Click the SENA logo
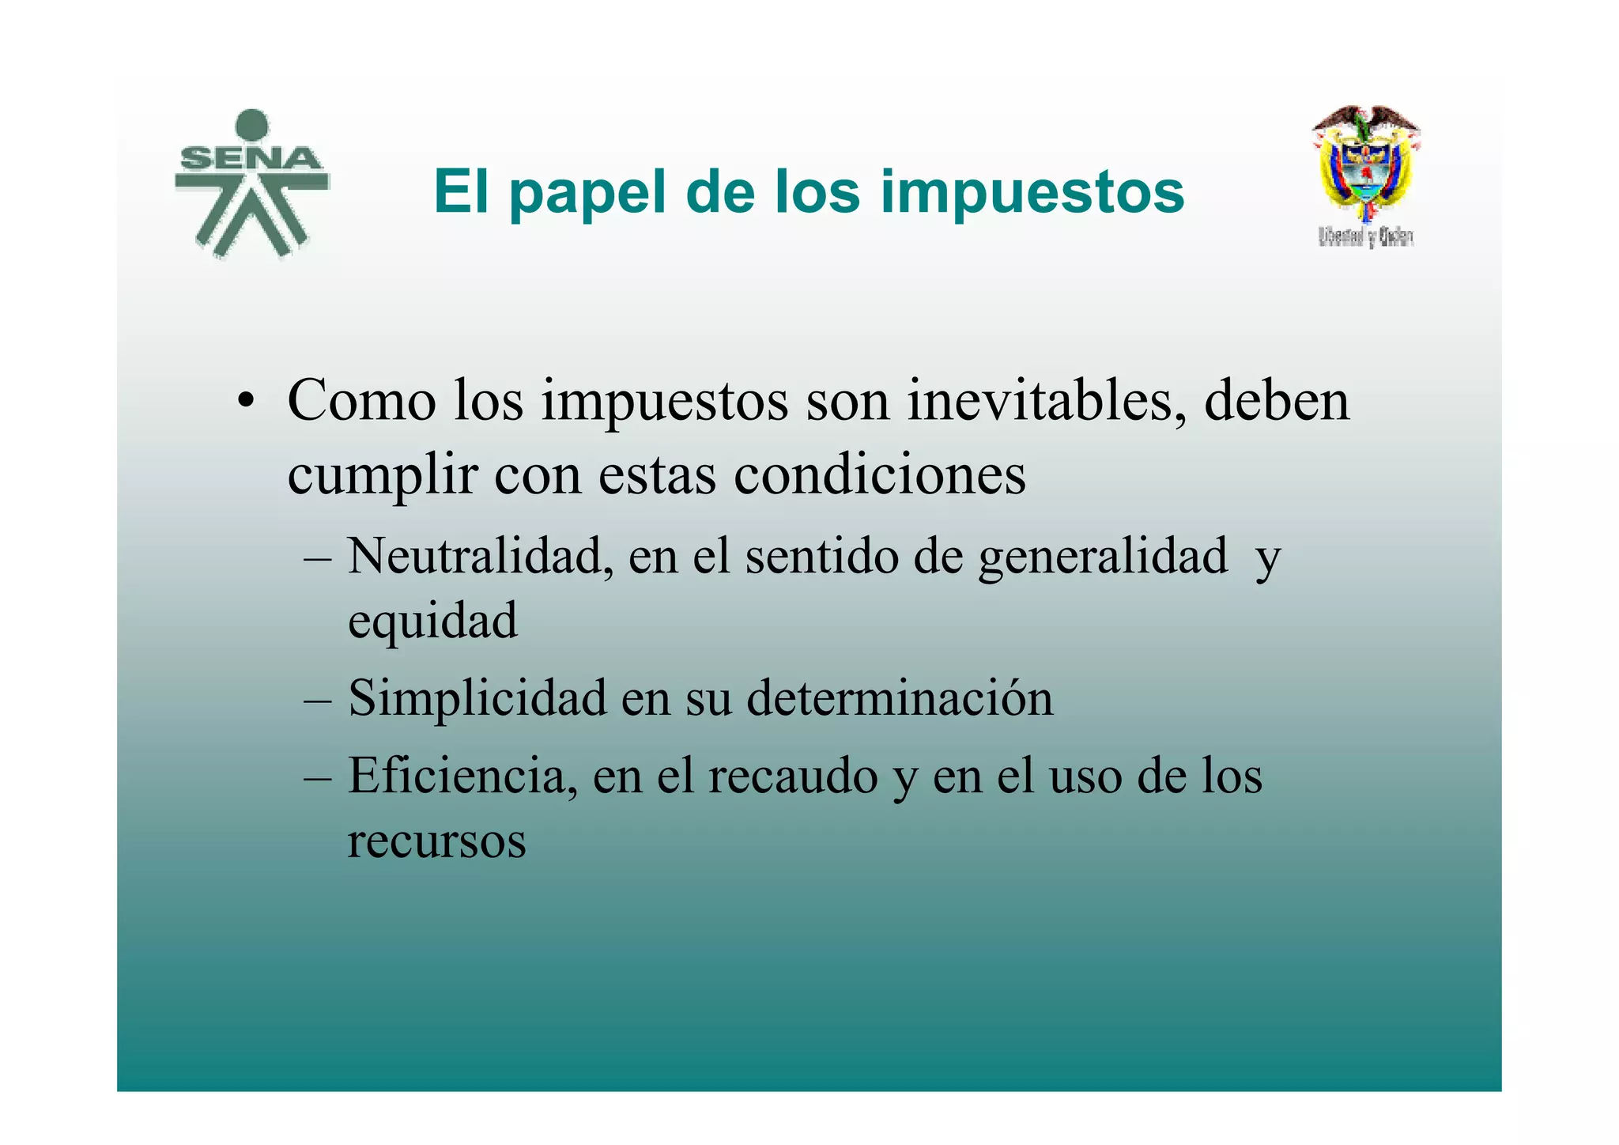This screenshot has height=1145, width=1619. (251, 183)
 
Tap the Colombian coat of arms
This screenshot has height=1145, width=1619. (1365, 163)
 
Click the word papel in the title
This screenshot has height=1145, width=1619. (587, 192)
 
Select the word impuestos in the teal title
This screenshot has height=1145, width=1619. (1032, 192)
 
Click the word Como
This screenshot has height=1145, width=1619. (361, 400)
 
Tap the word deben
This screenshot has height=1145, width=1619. (1276, 400)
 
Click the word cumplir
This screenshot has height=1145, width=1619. (382, 475)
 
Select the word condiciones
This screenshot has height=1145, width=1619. (879, 475)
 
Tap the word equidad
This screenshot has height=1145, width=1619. (432, 622)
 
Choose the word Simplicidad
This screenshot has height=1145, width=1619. (477, 698)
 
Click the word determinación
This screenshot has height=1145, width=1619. (900, 698)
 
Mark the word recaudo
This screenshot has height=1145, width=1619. (793, 776)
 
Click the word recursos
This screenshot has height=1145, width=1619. (436, 840)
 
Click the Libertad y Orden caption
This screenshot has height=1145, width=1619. (1365, 236)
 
